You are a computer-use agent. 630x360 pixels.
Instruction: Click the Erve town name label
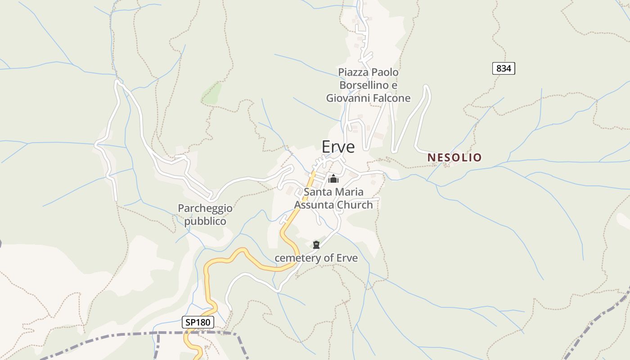(x=338, y=147)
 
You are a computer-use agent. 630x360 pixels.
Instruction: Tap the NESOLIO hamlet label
(x=454, y=157)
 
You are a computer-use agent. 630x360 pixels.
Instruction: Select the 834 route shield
(x=504, y=68)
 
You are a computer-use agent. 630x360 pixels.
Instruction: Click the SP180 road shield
(x=198, y=322)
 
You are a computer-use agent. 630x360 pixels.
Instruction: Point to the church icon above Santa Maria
(x=333, y=179)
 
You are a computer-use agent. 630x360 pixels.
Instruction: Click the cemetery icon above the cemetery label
(x=316, y=245)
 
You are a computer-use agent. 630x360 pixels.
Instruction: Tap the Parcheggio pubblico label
(x=205, y=215)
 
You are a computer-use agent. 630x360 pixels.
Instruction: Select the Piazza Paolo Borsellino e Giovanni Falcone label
(x=368, y=85)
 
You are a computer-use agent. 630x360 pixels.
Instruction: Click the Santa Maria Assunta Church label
(x=333, y=198)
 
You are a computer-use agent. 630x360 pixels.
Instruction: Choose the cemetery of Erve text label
(x=316, y=258)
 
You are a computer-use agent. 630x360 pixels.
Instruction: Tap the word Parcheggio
(x=205, y=208)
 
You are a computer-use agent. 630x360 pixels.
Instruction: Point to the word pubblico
(x=205, y=221)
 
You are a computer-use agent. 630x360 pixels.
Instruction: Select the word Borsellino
(x=364, y=85)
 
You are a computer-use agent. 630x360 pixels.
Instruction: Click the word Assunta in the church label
(x=315, y=205)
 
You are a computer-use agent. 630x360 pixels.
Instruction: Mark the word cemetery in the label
(x=293, y=258)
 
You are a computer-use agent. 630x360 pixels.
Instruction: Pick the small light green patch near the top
(x=212, y=93)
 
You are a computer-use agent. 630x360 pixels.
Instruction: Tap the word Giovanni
(x=348, y=98)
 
